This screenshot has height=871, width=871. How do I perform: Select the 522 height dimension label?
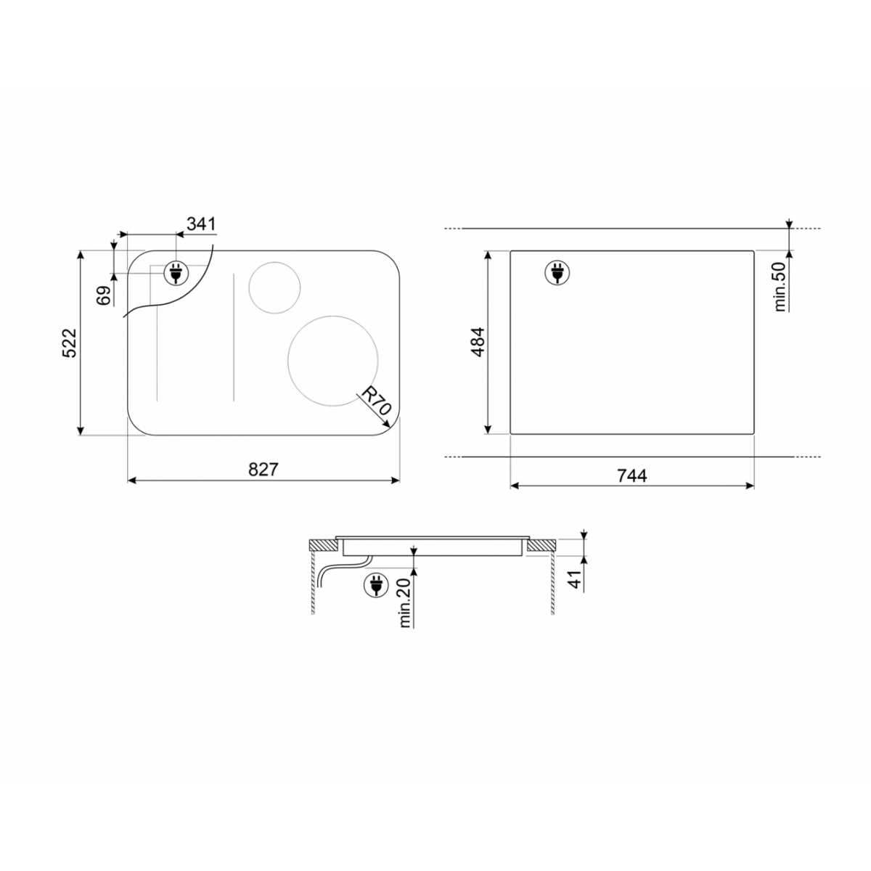click(x=69, y=343)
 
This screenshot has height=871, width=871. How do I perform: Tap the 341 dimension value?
click(x=201, y=224)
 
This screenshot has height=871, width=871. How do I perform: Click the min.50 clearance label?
click(x=780, y=286)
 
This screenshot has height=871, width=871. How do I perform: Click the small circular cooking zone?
click(x=274, y=287)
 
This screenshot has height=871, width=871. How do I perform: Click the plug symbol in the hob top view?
click(x=175, y=273)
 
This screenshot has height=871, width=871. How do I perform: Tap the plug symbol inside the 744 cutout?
click(x=557, y=274)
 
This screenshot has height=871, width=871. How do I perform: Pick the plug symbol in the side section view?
click(x=376, y=586)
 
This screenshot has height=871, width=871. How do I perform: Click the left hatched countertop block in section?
click(x=322, y=546)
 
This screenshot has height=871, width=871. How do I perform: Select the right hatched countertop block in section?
click(x=541, y=546)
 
